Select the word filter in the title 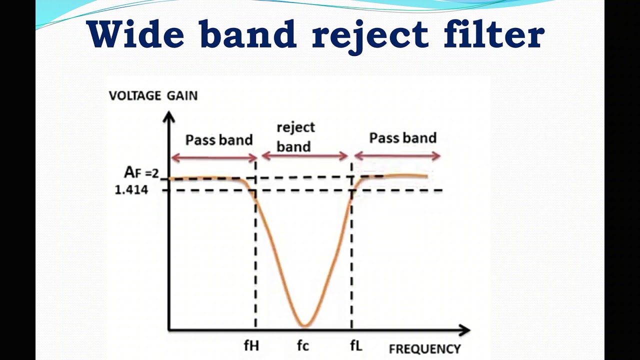coord(494,34)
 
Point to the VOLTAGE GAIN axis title coord(153,95)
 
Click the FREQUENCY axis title coord(424,349)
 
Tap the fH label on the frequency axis coord(251,345)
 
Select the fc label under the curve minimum coord(303,345)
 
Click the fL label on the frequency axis coord(355,345)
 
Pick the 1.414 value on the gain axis coord(131,190)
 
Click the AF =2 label coord(141,173)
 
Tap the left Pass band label coord(219,140)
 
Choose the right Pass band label coord(402,138)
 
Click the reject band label coord(295,136)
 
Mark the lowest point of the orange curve coord(304,325)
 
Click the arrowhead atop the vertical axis coord(169,117)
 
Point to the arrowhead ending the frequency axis coord(464,330)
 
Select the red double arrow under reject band coord(304,156)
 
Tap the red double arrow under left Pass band coord(214,158)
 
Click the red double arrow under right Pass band coord(397,156)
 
